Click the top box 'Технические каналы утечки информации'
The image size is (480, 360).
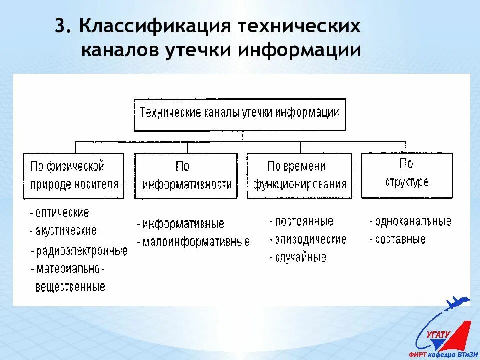[240, 113]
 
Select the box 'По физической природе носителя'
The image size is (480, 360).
[74, 175]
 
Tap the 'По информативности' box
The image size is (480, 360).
[186, 175]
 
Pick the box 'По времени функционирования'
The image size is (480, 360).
[299, 175]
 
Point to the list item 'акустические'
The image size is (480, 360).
[66, 231]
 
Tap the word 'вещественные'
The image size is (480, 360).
[70, 287]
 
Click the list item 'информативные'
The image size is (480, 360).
[183, 224]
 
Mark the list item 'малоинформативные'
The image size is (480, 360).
[195, 242]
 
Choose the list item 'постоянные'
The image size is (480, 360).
[303, 221]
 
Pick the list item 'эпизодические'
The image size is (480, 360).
[310, 239]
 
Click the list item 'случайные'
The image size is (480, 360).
[300, 258]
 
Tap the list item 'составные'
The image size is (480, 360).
[400, 240]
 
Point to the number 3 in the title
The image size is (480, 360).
[60, 27]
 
